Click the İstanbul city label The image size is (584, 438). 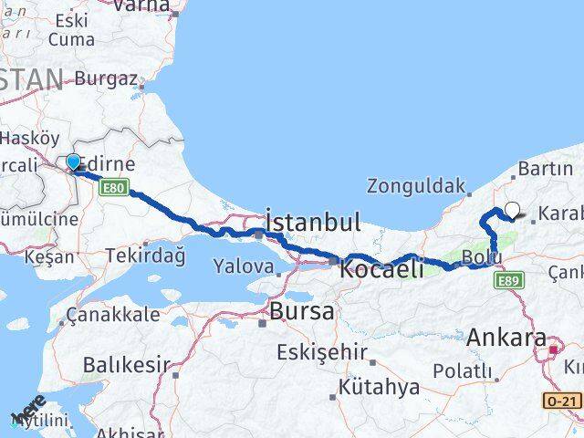click(x=313, y=222)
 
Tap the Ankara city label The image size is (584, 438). click(x=506, y=337)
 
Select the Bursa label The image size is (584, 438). click(x=301, y=311)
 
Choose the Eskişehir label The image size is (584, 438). click(x=323, y=352)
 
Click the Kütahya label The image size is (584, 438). click(x=379, y=387)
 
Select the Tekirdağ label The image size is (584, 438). click(x=145, y=256)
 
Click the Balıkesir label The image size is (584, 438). click(x=126, y=365)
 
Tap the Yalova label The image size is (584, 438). click(x=243, y=266)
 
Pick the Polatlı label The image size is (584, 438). click(x=462, y=371)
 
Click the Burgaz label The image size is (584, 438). click(x=106, y=78)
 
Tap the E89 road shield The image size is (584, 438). click(x=510, y=281)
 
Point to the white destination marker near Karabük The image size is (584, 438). click(x=512, y=210)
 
